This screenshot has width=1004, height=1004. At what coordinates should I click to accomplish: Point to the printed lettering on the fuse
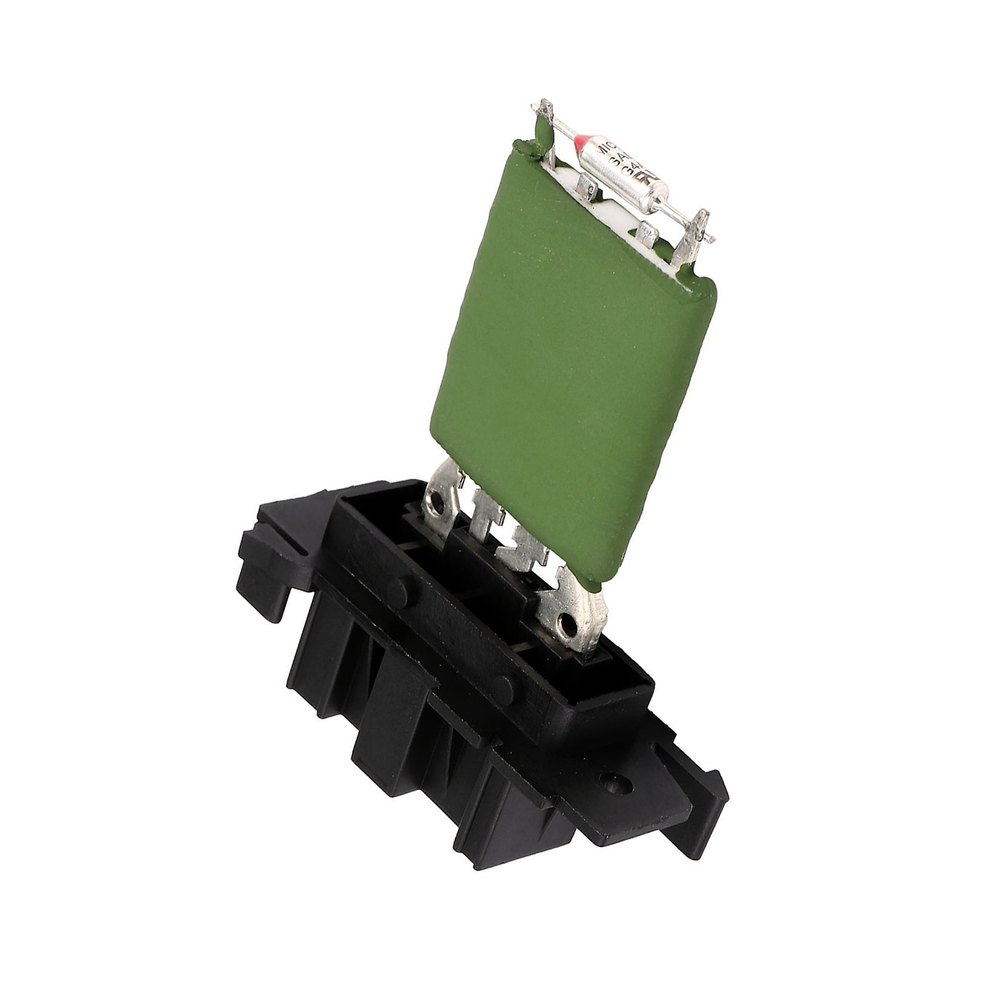pos(629,162)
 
